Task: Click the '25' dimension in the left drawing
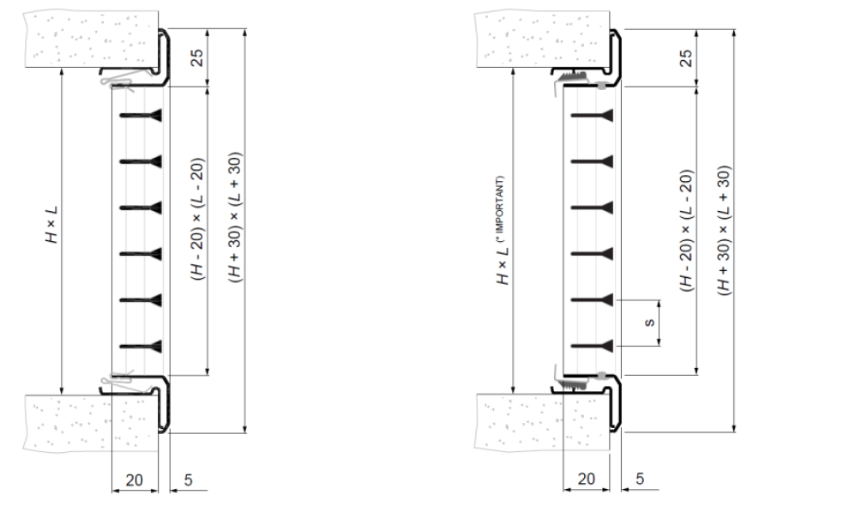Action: [x=197, y=57]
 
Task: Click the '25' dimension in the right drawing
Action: [x=686, y=57]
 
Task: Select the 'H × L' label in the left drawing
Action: [x=51, y=225]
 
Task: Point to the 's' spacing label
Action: [x=649, y=323]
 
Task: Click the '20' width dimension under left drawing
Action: [x=134, y=480]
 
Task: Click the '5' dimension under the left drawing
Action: [x=189, y=480]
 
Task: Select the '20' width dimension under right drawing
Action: [x=586, y=479]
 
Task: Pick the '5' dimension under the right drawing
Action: [x=640, y=479]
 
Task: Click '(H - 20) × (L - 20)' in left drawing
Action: [x=197, y=220]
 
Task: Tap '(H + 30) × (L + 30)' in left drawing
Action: [x=235, y=218]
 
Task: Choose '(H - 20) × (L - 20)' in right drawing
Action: [x=686, y=231]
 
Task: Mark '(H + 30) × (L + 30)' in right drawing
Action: [x=725, y=231]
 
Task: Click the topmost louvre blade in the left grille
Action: [x=141, y=115]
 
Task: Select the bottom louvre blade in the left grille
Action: [x=141, y=347]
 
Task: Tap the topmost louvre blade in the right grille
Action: [x=592, y=115]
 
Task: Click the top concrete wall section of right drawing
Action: [x=542, y=39]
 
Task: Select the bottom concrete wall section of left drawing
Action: [x=91, y=423]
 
